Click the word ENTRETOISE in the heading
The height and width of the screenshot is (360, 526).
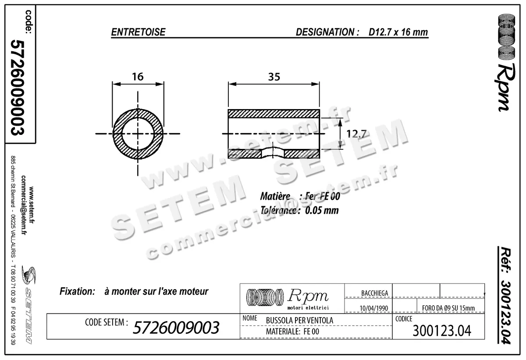(x=138, y=32)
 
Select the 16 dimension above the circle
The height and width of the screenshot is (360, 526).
(x=138, y=76)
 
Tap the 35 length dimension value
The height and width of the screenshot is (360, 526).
(x=274, y=76)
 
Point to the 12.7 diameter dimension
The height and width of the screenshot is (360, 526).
(x=356, y=134)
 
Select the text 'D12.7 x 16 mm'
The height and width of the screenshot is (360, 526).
(x=398, y=32)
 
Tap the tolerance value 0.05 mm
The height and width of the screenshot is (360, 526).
(x=322, y=210)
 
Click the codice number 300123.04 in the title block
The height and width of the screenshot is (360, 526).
(x=442, y=331)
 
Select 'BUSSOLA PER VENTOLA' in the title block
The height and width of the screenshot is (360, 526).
(x=299, y=321)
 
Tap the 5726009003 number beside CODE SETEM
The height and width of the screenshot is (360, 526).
(x=176, y=327)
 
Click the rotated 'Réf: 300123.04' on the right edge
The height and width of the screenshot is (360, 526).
(x=507, y=298)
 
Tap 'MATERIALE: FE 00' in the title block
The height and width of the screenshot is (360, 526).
(x=292, y=332)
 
